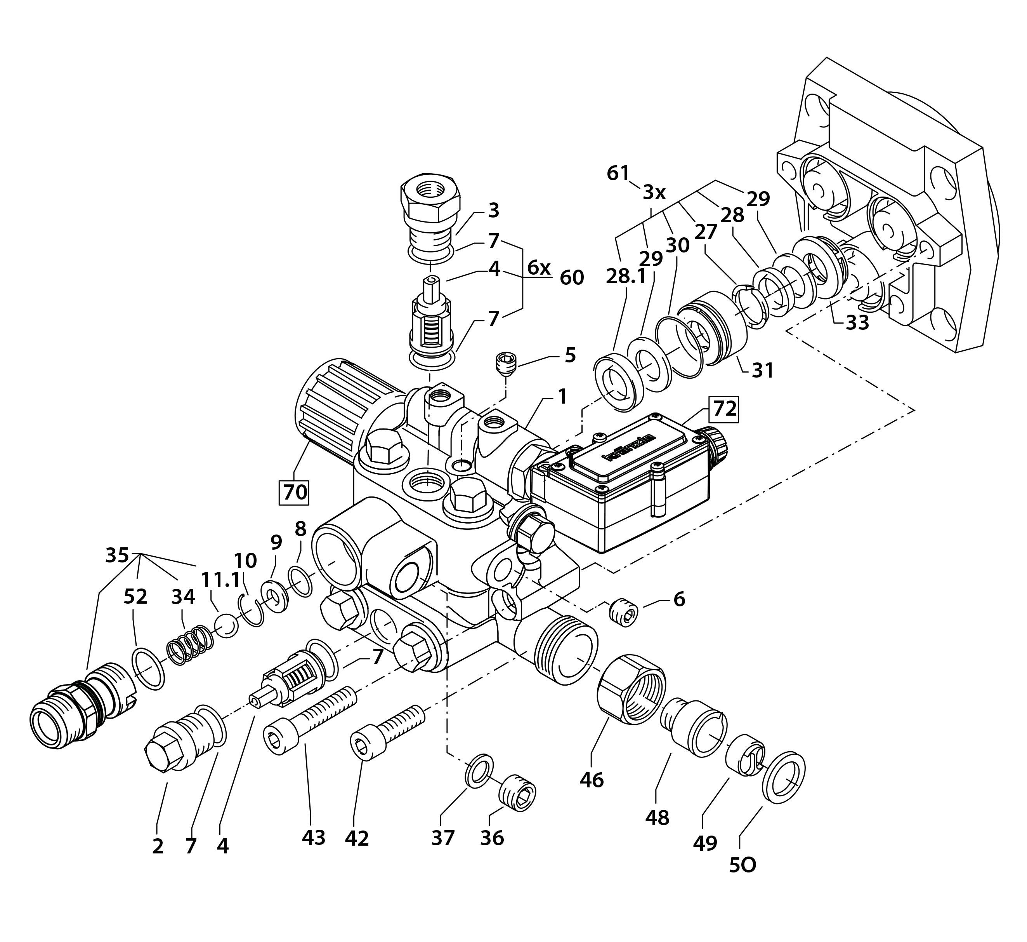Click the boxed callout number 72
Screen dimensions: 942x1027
coord(724,408)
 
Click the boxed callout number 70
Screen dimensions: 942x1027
coord(295,492)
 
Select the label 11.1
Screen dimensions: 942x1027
coord(220,580)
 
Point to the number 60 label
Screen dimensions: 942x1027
coord(572,278)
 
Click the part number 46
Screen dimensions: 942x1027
coord(592,780)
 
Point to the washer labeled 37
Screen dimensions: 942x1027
coord(479,769)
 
